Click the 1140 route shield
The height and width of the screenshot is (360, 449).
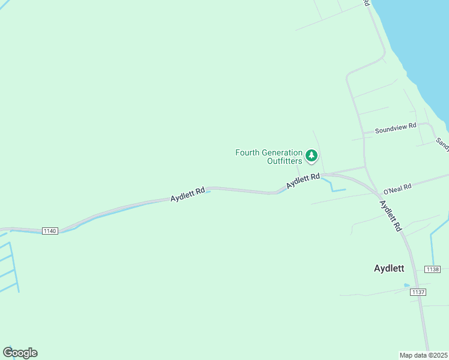click(x=50, y=231)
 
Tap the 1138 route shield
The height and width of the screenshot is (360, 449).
click(x=432, y=269)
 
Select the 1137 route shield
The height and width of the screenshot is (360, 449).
click(x=418, y=292)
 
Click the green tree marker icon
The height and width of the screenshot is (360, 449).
click(x=311, y=156)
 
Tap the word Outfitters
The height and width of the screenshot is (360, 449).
click(x=285, y=161)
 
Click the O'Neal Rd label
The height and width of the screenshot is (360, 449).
click(x=397, y=188)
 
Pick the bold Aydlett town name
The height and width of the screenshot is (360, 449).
click(x=389, y=269)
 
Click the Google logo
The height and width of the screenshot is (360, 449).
click(x=20, y=353)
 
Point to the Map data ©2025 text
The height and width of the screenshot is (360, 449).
click(x=424, y=355)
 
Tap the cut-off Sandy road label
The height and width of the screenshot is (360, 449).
click(x=442, y=143)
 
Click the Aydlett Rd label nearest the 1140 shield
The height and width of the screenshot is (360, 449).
click(x=187, y=194)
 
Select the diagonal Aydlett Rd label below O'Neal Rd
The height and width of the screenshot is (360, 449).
click(x=390, y=215)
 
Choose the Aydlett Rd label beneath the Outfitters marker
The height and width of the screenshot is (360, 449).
click(x=303, y=180)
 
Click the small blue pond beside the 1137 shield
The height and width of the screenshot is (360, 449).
click(x=407, y=285)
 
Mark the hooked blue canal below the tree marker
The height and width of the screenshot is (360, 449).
click(x=333, y=187)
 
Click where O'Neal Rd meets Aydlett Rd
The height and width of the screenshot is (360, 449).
click(x=378, y=193)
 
